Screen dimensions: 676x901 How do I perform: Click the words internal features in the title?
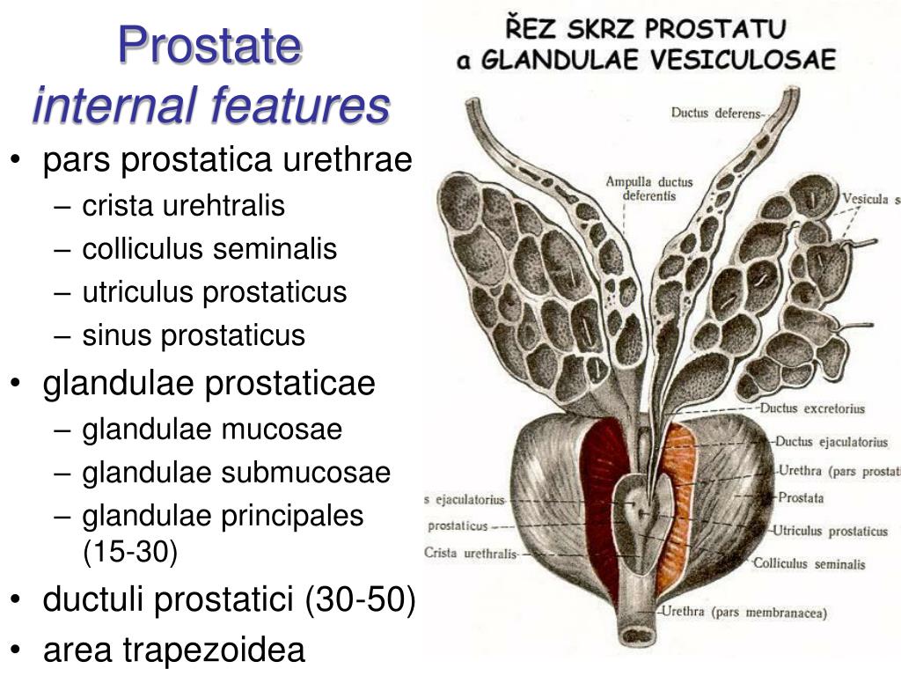pyautogui.click(x=210, y=106)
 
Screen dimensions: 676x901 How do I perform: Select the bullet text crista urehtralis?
pyautogui.click(x=184, y=206)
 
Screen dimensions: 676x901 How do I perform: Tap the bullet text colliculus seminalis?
pyautogui.click(x=209, y=249)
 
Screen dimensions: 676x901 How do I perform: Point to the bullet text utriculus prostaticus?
pyautogui.click(x=215, y=292)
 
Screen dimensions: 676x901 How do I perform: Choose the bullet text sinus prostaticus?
pyautogui.click(x=194, y=335)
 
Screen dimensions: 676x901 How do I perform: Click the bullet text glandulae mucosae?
pyautogui.click(x=212, y=430)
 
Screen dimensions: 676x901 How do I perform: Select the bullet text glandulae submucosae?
pyautogui.click(x=236, y=473)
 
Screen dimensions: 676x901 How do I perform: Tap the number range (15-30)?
pyautogui.click(x=130, y=552)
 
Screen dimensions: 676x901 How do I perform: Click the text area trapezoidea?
pyautogui.click(x=174, y=650)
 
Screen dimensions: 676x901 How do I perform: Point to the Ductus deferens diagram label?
pyautogui.click(x=717, y=113)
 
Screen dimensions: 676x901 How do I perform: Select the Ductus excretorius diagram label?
pyautogui.click(x=812, y=408)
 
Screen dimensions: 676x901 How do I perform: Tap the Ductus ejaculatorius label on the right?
pyautogui.click(x=817, y=441)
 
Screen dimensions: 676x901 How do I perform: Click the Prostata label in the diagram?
pyautogui.click(x=801, y=498)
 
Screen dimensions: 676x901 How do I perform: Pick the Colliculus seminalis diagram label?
pyautogui.click(x=809, y=563)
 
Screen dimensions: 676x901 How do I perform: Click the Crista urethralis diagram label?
pyautogui.click(x=471, y=554)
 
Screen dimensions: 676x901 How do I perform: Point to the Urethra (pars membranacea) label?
pyautogui.click(x=744, y=612)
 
